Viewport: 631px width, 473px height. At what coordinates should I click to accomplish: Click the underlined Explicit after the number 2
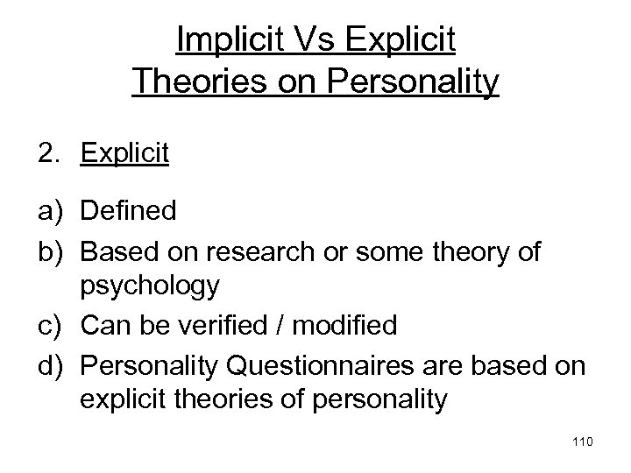coord(124,153)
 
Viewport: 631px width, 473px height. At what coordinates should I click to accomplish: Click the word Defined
coord(128,211)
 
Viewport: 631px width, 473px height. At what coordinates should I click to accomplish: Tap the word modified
coord(343,326)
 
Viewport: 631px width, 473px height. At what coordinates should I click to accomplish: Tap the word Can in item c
coord(101,326)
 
